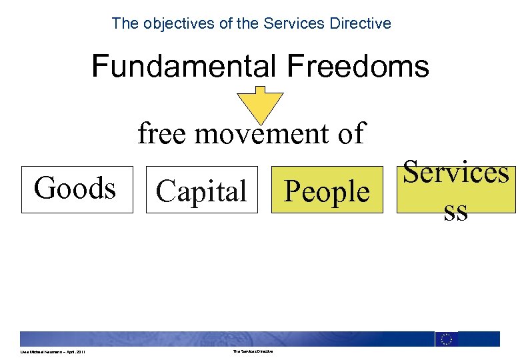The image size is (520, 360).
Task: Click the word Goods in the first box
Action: click(x=75, y=188)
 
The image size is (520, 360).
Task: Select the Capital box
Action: click(x=201, y=191)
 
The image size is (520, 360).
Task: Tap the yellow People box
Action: click(x=327, y=191)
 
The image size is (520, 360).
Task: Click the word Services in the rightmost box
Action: click(x=456, y=172)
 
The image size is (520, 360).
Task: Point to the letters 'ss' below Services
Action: click(x=456, y=212)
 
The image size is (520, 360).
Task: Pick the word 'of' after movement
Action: click(x=351, y=134)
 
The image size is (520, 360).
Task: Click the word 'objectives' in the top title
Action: click(x=173, y=23)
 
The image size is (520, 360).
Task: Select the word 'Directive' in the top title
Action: click(x=364, y=23)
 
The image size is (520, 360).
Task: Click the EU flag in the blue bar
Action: click(x=446, y=339)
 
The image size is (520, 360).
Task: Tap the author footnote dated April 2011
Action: click(x=52, y=352)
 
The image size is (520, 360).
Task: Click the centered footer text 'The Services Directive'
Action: click(x=253, y=352)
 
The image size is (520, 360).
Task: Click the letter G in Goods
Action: click(x=44, y=188)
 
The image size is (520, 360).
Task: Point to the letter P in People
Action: click(x=291, y=191)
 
